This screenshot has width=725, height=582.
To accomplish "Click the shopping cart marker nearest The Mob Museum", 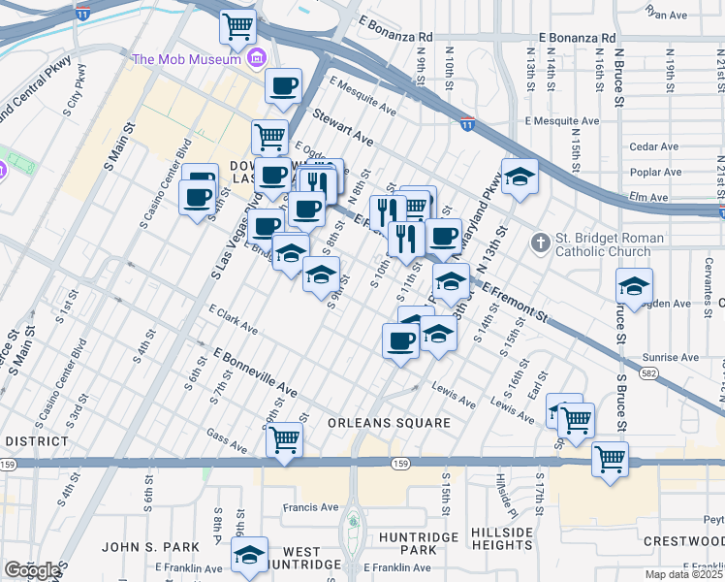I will point(237,26).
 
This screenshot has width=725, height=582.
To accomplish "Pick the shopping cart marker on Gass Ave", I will point(284,437).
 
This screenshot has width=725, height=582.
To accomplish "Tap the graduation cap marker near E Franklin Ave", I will point(250,554).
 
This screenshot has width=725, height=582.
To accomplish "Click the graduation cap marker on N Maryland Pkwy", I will point(520,176).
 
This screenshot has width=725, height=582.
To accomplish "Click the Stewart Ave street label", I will point(342,127).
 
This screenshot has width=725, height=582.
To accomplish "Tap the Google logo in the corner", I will point(32,569).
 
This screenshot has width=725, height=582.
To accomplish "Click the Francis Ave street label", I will point(310,506).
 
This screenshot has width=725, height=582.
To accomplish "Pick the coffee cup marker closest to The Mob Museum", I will point(283,85).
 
